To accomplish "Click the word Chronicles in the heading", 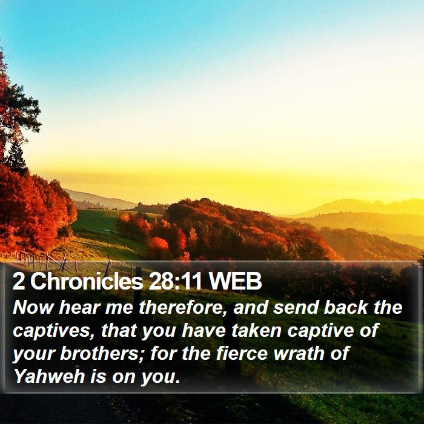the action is click(x=87, y=281).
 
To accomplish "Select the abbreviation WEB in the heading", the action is click(x=235, y=281).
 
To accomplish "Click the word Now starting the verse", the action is click(x=33, y=308).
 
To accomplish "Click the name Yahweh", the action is click(x=49, y=376).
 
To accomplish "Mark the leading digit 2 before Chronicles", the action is click(x=19, y=281).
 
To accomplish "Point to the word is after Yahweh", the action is click(x=96, y=376).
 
